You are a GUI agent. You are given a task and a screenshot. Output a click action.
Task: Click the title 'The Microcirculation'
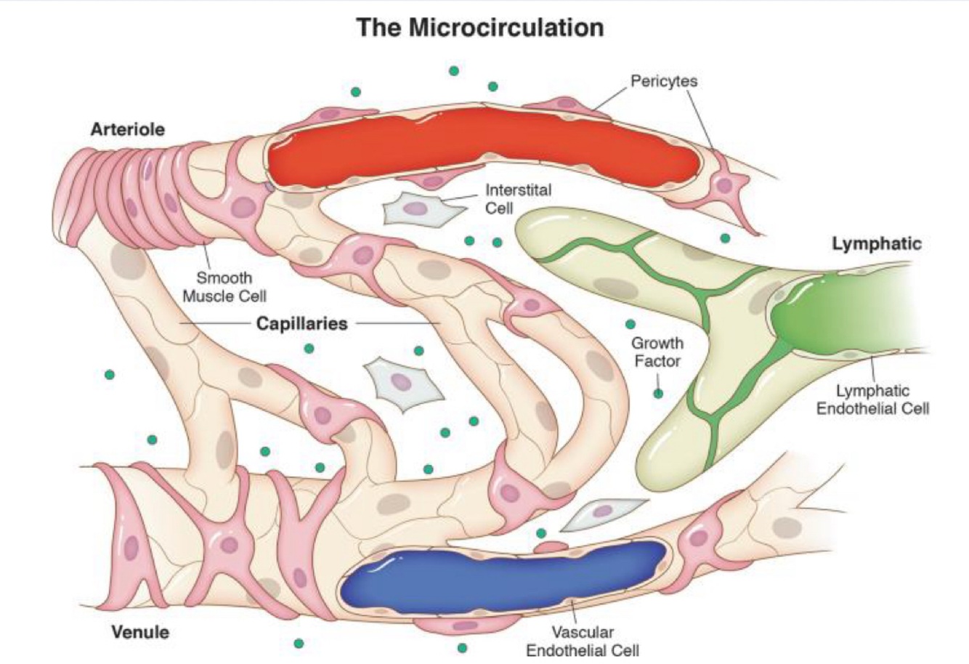(480, 28)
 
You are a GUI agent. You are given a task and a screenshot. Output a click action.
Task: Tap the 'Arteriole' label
(127, 130)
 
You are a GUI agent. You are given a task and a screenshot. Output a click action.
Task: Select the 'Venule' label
(140, 631)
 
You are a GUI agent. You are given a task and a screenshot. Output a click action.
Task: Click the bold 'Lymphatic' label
(876, 244)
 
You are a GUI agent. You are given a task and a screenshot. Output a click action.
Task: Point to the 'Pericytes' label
(663, 81)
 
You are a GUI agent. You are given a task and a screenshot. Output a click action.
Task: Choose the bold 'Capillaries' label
(302, 323)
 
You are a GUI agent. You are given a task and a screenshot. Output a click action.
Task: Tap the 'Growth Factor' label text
(657, 352)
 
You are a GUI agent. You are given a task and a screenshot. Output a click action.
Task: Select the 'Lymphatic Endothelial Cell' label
(872, 400)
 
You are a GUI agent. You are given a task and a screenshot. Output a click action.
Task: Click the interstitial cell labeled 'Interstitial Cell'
(416, 209)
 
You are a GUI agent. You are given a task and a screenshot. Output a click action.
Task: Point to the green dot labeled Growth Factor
(658, 394)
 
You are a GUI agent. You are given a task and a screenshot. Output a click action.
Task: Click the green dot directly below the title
(454, 70)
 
